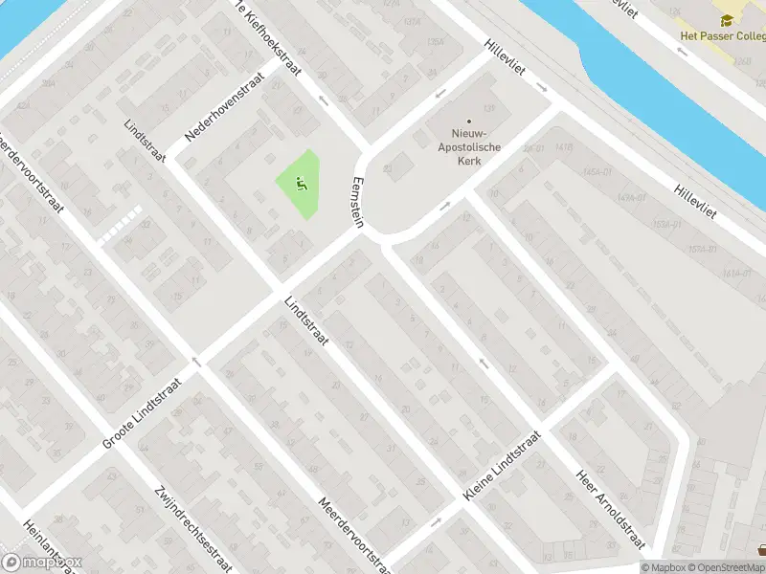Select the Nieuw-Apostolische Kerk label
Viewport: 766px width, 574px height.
[x=469, y=148]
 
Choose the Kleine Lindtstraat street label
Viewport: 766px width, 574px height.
[x=502, y=468]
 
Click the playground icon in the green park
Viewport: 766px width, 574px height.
[x=302, y=185]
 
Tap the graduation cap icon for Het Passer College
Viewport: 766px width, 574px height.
[x=728, y=19]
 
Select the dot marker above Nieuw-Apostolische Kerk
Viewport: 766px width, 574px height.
[x=469, y=121]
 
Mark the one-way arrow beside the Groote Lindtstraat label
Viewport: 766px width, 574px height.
[x=195, y=362]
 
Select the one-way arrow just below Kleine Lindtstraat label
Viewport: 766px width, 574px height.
[x=437, y=522]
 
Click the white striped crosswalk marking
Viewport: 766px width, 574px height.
[x=121, y=223]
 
